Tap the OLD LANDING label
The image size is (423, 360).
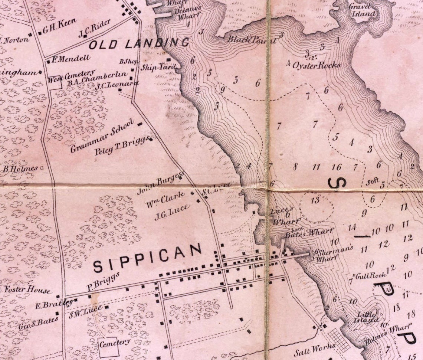click(x=139, y=44)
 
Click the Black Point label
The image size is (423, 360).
click(x=252, y=39)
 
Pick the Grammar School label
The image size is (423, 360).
click(x=101, y=137)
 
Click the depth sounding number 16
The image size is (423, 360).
click(x=336, y=167)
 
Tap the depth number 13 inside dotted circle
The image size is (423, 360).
click(x=315, y=201)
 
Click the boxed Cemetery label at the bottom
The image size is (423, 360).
click(x=114, y=343)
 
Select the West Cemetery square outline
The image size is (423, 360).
click(x=55, y=82)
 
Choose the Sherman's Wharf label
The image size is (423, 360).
click(x=334, y=254)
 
